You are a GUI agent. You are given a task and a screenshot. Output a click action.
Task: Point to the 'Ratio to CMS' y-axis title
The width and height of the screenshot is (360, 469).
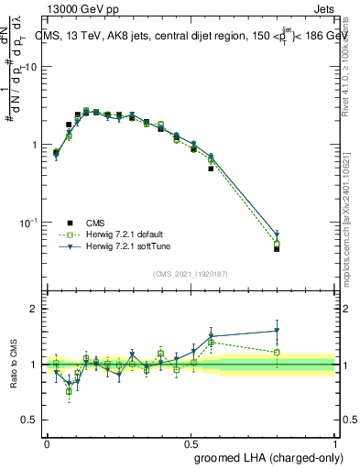(16, 364)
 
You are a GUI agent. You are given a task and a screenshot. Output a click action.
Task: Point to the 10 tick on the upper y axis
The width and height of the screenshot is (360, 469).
(31, 67)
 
